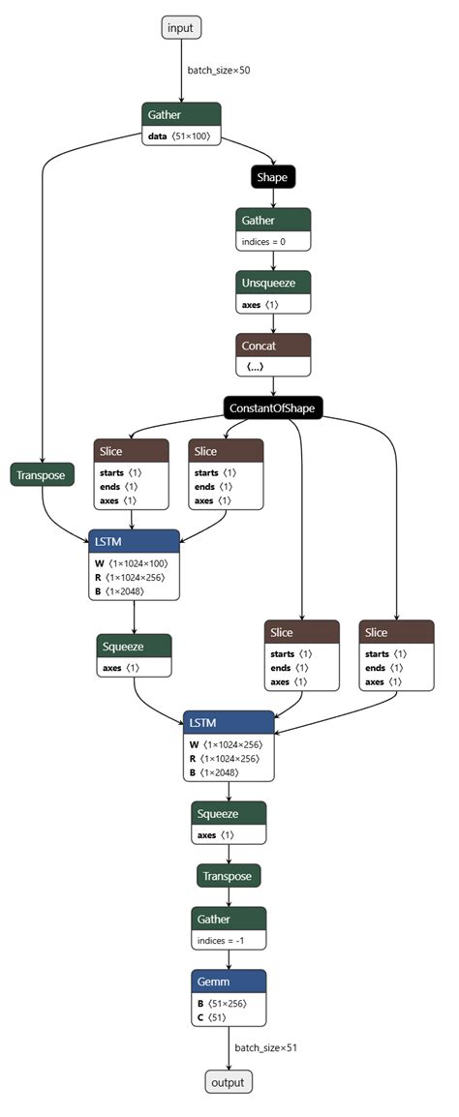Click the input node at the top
pyautogui.click(x=180, y=28)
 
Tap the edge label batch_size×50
pyautogui.click(x=220, y=70)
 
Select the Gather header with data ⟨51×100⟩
pyautogui.click(x=180, y=114)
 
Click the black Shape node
pyautogui.click(x=272, y=177)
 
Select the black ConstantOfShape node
pyautogui.click(x=272, y=408)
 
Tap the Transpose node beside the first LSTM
pyautogui.click(x=42, y=475)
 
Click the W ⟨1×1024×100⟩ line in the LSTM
pyautogui.click(x=134, y=562)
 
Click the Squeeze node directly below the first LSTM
pyautogui.click(x=134, y=646)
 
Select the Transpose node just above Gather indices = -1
pyautogui.click(x=229, y=876)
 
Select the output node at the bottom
pyautogui.click(x=229, y=1082)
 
